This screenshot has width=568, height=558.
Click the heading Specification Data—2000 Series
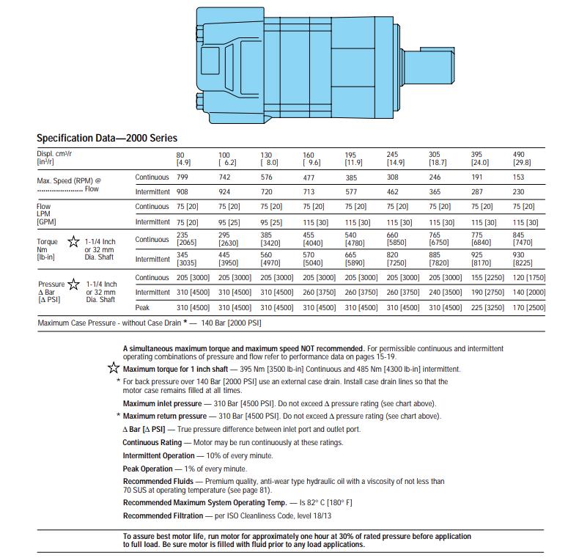click(x=106, y=138)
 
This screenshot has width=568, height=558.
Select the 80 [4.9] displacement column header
click(x=183, y=158)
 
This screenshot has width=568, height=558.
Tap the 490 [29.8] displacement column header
click(x=522, y=158)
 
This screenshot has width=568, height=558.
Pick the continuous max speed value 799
click(x=183, y=177)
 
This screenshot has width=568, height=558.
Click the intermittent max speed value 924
click(x=226, y=191)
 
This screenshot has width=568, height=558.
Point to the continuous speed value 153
click(x=520, y=177)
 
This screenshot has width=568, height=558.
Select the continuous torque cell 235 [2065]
click(x=187, y=238)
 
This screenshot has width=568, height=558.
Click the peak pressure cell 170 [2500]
click(x=529, y=308)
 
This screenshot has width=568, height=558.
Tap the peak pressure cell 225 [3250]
click(x=487, y=308)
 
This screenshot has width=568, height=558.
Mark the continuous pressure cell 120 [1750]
click(x=529, y=277)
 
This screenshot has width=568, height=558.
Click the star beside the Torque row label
click(x=73, y=241)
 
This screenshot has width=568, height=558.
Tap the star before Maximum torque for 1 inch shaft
click(x=114, y=368)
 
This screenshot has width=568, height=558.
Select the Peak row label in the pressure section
click(x=143, y=308)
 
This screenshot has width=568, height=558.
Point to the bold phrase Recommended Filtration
click(x=162, y=516)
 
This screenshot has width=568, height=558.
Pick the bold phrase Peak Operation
click(x=147, y=469)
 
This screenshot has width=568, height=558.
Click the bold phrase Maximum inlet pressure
click(x=162, y=404)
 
